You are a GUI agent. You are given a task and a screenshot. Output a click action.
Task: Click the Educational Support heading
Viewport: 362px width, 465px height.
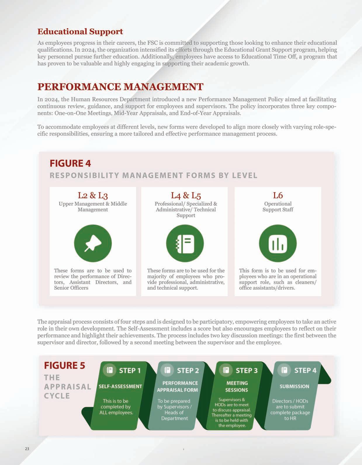pos(80,32)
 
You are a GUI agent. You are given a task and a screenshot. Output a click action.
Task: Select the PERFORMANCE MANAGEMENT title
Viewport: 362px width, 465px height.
pos(120,87)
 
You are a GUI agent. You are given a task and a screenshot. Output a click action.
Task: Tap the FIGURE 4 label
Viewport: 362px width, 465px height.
pos(70,163)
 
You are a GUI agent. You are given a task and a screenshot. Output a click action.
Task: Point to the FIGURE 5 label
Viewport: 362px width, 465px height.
pos(64,365)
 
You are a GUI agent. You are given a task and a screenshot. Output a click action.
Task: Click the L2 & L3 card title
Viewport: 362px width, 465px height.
pos(93,195)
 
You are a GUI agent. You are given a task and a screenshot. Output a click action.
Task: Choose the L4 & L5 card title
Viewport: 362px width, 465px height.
pos(186,195)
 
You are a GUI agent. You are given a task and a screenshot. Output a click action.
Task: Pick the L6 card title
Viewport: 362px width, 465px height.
pos(278,195)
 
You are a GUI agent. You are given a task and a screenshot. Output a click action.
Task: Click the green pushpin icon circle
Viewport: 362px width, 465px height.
pos(93,243)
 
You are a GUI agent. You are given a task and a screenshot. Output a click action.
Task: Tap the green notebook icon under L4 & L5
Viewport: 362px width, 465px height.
pos(185,243)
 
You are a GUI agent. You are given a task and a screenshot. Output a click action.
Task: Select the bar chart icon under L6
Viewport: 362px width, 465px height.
pos(278,243)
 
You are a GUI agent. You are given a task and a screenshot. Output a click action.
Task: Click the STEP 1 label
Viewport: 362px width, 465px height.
pos(130,371)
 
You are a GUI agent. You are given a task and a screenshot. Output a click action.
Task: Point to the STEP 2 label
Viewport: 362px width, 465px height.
pos(188,371)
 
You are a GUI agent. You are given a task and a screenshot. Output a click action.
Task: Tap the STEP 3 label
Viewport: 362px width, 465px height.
pos(247,371)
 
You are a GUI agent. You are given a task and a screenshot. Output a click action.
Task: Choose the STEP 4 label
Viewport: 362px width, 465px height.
pos(305,370)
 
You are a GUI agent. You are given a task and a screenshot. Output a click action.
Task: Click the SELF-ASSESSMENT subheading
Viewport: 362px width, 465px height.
pos(120,386)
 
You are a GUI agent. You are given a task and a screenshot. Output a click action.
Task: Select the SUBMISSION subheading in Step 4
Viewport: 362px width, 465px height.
pos(294,386)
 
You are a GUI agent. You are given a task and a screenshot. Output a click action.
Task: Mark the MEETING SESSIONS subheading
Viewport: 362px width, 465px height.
pos(237,386)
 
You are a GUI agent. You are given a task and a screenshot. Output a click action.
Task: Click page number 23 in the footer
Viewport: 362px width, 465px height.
pos(27,449)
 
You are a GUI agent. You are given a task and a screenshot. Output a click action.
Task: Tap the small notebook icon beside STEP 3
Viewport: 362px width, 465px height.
pos(226,370)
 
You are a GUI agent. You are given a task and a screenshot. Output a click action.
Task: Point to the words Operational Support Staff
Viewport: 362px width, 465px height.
pos(278,207)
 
